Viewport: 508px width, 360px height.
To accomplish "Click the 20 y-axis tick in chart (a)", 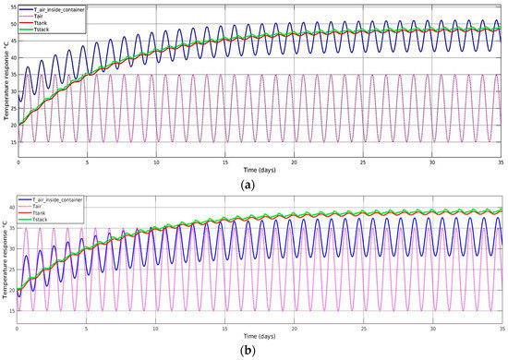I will pos(12,125).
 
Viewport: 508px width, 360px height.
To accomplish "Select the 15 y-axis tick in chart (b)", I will pos(12,312).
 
